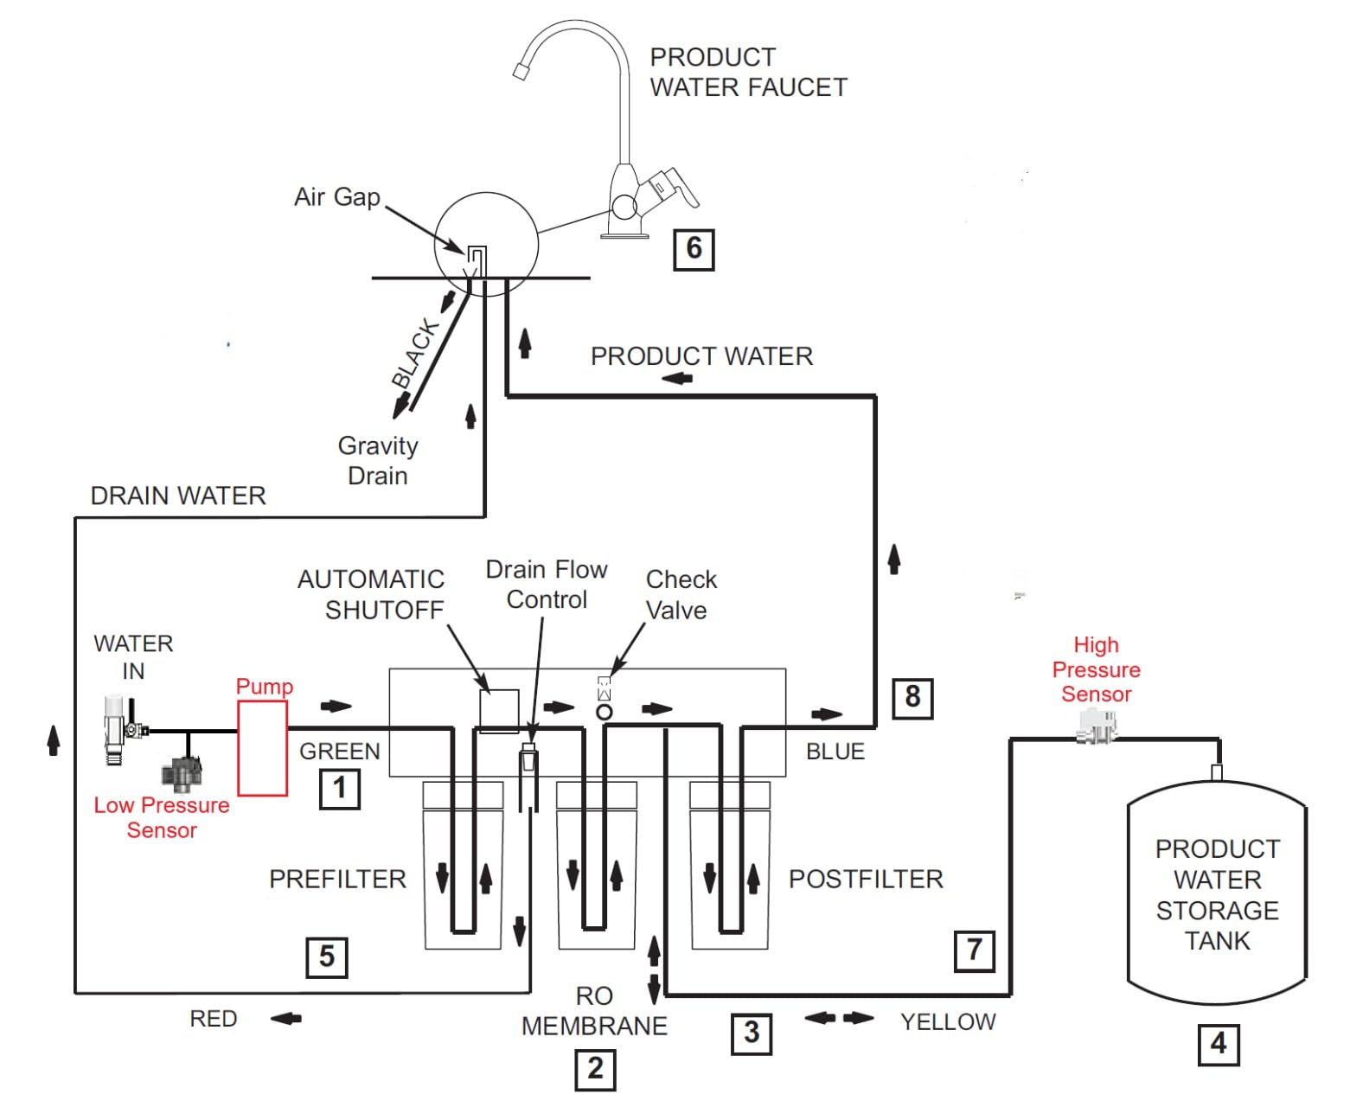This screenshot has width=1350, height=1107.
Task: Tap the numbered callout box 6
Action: point(694,249)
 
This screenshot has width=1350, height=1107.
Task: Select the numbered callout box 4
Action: point(1218,1044)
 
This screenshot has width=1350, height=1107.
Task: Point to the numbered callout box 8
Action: point(912,698)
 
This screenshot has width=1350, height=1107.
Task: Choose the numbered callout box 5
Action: point(326,957)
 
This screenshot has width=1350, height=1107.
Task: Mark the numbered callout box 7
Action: point(974,951)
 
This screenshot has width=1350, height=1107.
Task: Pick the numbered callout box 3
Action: point(751,1033)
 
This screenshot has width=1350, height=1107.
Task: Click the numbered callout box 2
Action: point(595,1069)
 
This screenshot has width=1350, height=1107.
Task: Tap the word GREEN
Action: point(339,751)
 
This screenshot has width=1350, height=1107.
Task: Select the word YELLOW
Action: point(947,1022)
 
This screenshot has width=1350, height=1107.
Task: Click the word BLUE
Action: point(835,751)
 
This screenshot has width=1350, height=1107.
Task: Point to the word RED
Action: point(213,1019)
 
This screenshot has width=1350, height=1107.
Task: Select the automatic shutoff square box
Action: point(499,711)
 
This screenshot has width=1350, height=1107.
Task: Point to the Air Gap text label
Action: point(336,197)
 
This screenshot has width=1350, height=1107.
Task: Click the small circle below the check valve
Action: point(604,711)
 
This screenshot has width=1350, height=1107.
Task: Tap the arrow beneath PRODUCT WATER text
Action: point(676,379)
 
